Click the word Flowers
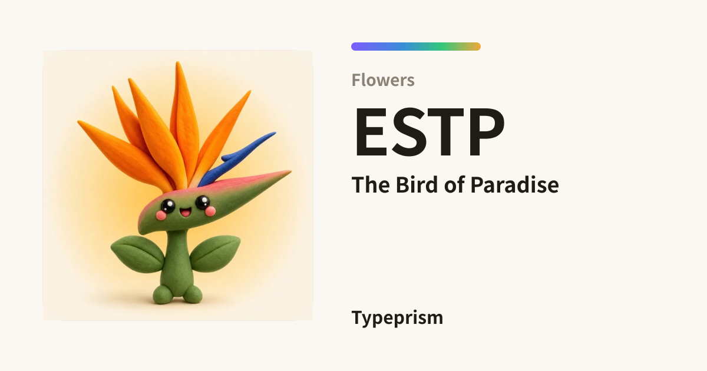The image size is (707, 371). click(x=383, y=80)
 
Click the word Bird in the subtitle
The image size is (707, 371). click(x=417, y=184)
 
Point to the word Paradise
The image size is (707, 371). click(x=514, y=184)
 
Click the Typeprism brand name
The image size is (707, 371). click(x=397, y=318)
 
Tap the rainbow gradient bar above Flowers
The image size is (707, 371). click(x=416, y=47)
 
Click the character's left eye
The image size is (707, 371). click(x=167, y=206)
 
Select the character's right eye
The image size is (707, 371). click(x=203, y=202)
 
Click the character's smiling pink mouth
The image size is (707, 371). click(x=185, y=212)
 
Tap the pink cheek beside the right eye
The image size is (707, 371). click(x=210, y=211)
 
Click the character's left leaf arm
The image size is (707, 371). click(x=138, y=254)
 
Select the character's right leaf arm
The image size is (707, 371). click(x=215, y=253)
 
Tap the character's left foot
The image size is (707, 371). click(x=163, y=294)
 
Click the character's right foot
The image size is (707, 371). click(x=193, y=294)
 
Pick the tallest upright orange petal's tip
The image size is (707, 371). click(x=178, y=62)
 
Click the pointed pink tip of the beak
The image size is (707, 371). click(x=290, y=171)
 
